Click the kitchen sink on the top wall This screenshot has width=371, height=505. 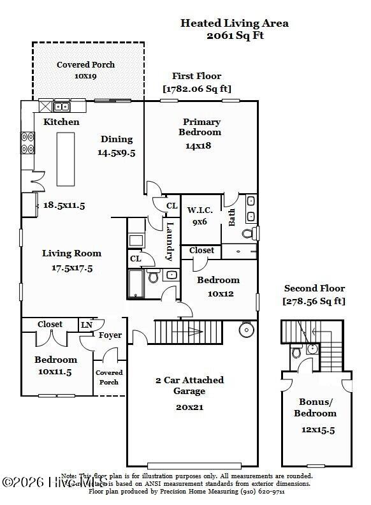(62, 106)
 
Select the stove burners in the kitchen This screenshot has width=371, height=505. (28, 142)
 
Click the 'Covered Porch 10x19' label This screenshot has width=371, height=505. (85, 70)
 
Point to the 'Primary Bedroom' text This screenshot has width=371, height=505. (201, 127)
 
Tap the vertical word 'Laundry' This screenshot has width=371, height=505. (170, 240)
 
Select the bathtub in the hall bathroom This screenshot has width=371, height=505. (136, 284)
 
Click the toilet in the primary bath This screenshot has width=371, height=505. (254, 233)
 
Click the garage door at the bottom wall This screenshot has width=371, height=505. (193, 465)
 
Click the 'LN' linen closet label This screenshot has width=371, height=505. (86, 325)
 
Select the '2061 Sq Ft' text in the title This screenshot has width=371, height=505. (235, 36)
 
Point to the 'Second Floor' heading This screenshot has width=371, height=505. (314, 288)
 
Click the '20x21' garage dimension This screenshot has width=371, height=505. (190, 406)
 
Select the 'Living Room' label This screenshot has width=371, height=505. (71, 253)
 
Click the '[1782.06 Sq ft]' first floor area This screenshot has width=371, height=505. (197, 89)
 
